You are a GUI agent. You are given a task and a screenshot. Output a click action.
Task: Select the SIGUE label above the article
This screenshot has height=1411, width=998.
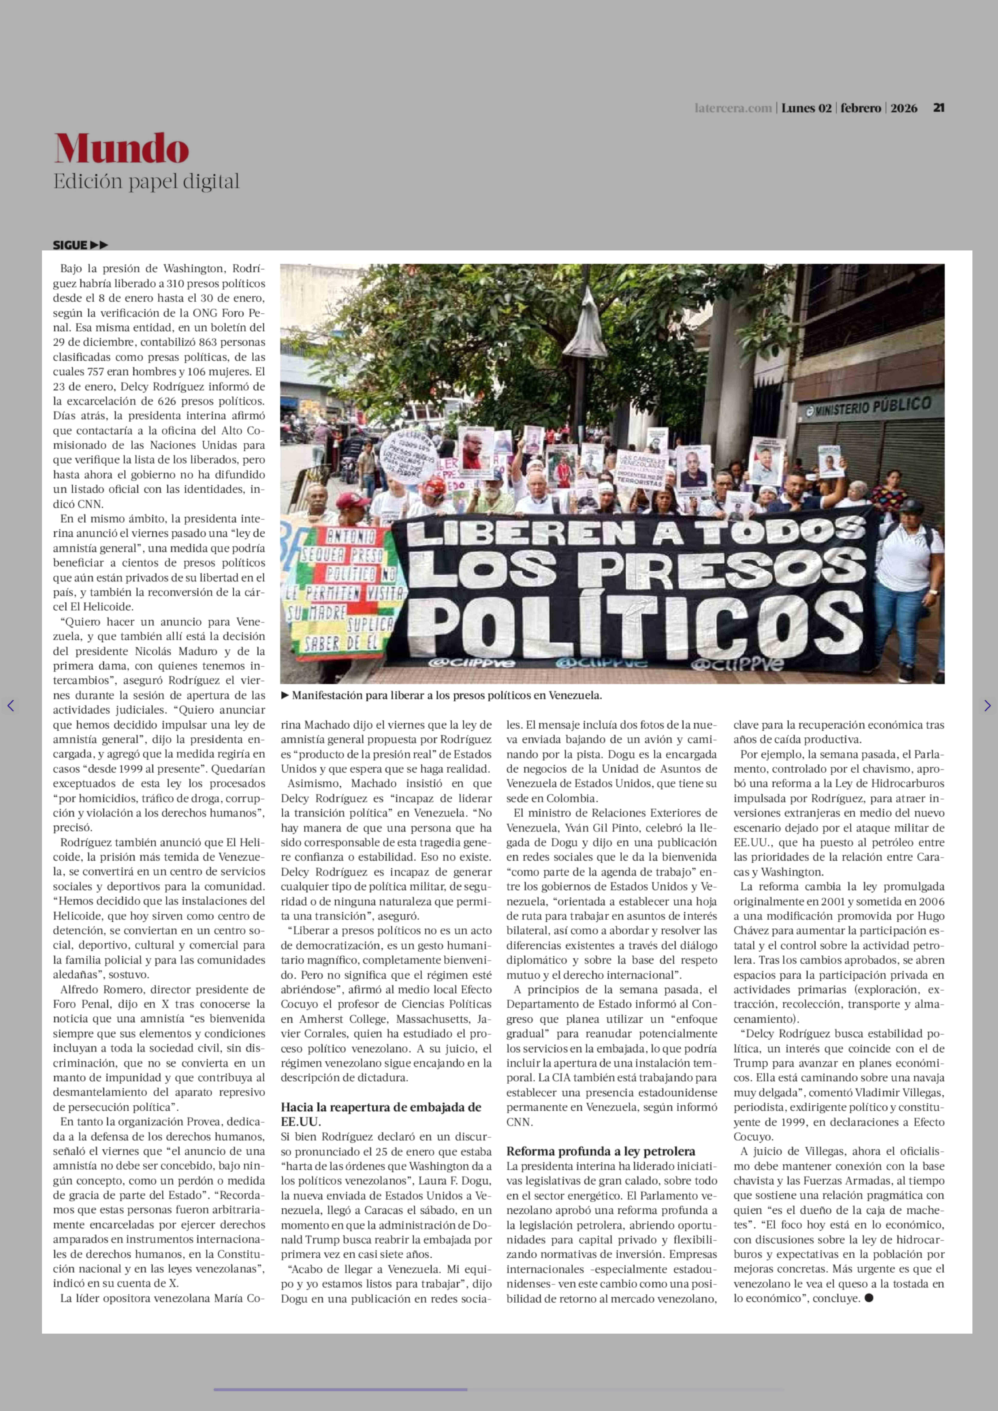tap(70, 245)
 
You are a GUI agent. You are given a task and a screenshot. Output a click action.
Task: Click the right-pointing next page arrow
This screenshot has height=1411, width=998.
tap(987, 706)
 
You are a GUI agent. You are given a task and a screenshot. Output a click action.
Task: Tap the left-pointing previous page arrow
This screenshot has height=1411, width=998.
tap(10, 706)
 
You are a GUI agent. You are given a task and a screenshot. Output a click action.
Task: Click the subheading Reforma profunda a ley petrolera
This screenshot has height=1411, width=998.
tap(600, 1151)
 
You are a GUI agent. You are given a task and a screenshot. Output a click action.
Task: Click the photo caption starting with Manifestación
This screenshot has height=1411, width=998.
tap(447, 696)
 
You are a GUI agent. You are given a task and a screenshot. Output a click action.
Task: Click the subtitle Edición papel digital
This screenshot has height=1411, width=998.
tap(146, 182)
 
